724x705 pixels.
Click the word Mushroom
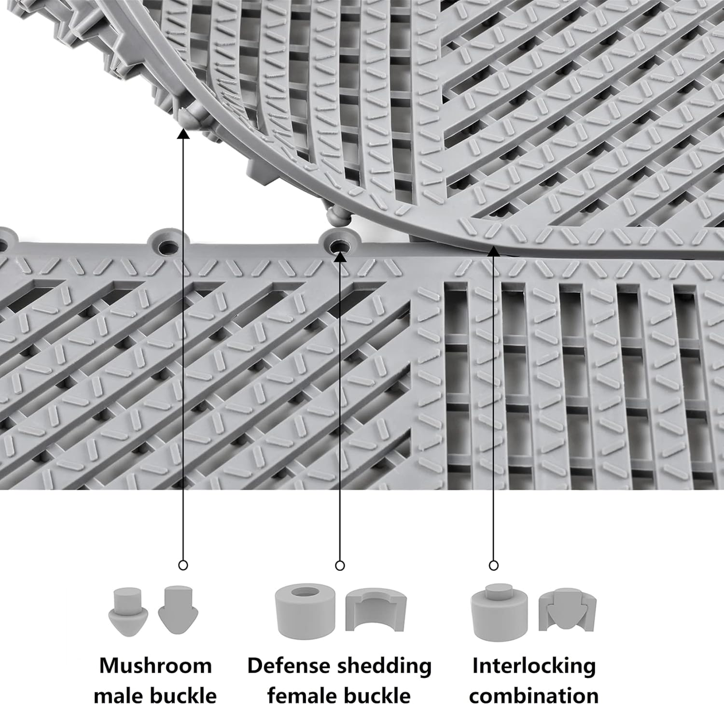click(x=155, y=666)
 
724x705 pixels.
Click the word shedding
click(x=384, y=666)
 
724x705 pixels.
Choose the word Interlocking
click(x=534, y=666)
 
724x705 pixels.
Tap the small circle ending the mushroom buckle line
click(x=183, y=565)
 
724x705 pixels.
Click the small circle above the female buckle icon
click(x=340, y=565)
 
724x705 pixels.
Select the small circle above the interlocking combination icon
click(x=493, y=565)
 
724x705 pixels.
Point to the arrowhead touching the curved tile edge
click(x=493, y=250)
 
